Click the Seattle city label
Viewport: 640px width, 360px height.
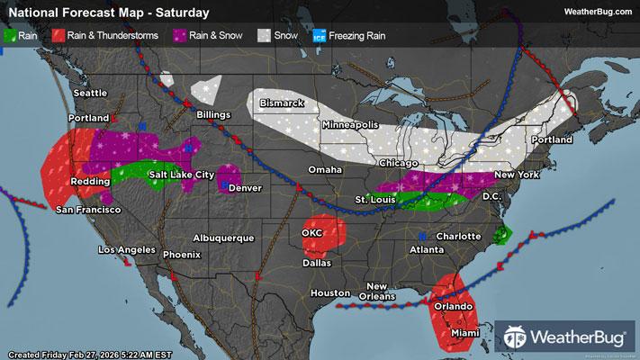(x=90, y=93)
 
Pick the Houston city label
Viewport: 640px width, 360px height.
(x=329, y=293)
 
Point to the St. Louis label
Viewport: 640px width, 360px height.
(x=373, y=198)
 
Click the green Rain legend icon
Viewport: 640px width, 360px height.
(x=11, y=36)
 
